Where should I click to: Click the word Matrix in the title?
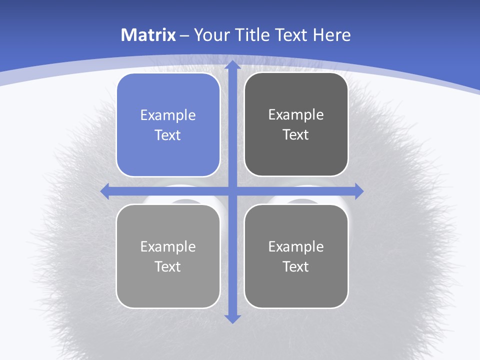148,35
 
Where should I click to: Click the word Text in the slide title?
291,35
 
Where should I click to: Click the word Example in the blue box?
168,115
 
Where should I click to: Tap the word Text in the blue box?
168,135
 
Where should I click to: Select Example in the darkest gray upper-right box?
296,114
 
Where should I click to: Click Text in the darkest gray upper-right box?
296,134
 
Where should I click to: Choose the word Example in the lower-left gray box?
168,246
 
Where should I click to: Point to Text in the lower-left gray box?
168,266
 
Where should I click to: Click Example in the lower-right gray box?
296,246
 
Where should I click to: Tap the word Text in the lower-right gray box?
296,266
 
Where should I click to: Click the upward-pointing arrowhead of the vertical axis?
232,64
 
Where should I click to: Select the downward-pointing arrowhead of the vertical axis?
232,318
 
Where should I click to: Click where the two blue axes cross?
232,191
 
